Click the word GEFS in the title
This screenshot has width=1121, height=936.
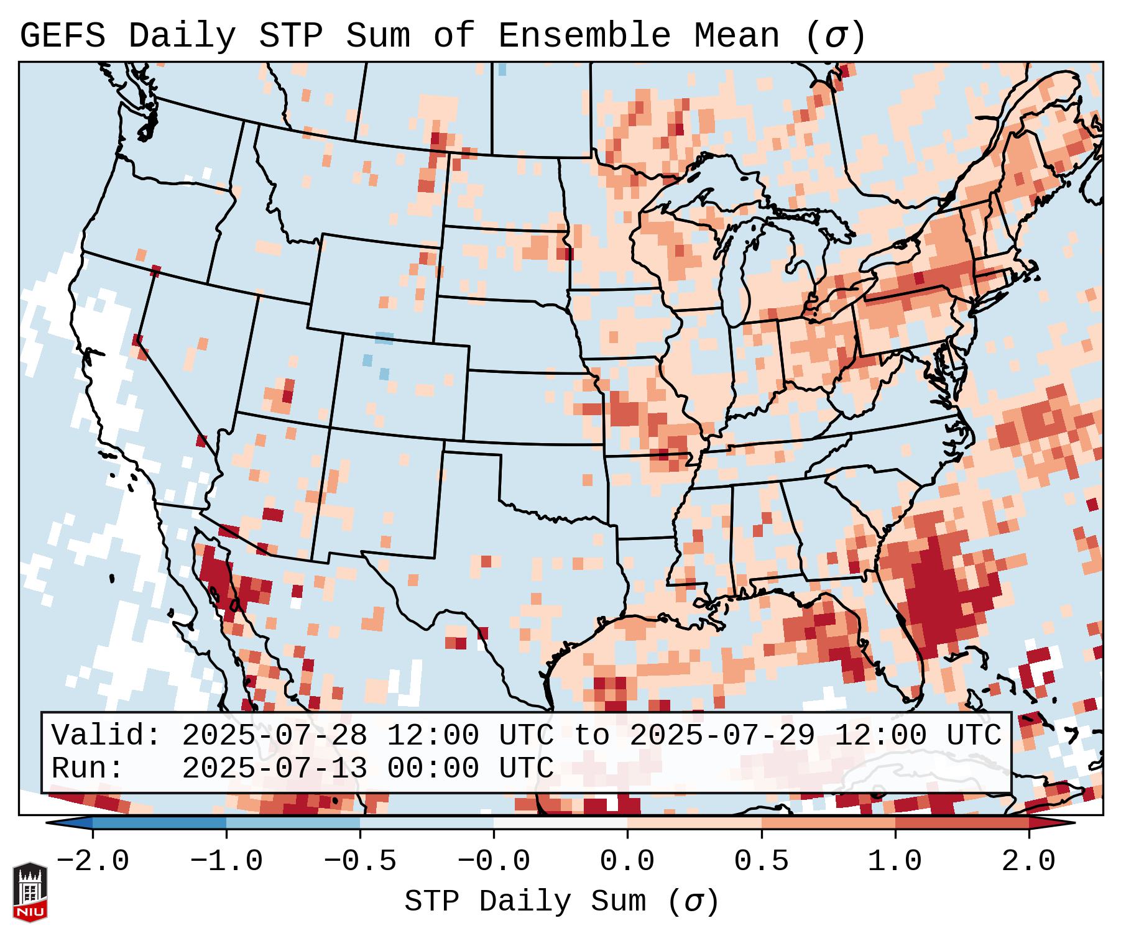62,36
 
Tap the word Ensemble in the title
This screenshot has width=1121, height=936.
584,36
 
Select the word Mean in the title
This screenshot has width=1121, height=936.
736,36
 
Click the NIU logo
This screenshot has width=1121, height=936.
30,892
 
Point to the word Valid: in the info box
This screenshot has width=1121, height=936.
106,736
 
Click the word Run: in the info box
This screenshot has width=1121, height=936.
88,769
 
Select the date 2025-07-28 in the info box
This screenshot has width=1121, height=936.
274,736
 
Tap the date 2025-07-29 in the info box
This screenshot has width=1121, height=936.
722,736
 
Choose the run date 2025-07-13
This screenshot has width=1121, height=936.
274,769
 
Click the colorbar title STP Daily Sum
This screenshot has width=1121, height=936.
525,902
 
